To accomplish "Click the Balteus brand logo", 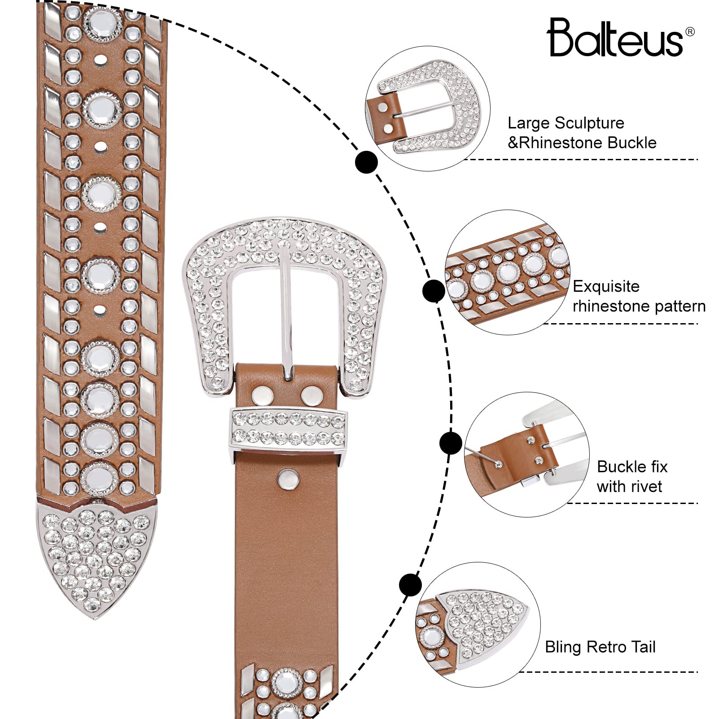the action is coord(615,38).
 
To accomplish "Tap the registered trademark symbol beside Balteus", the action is coord(690,32).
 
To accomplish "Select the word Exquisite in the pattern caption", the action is coord(606,286).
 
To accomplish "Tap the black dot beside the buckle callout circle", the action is coord(366,162).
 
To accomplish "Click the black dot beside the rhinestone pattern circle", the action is coord(434,291).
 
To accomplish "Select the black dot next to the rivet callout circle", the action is coord(451,443).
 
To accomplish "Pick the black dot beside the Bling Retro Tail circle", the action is coord(410,585).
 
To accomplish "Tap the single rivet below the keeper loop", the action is coord(289,479).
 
